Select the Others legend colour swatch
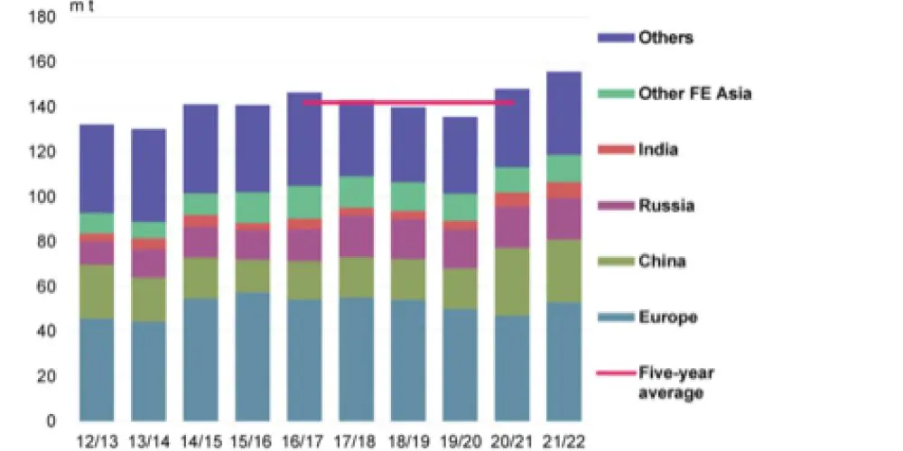[x=613, y=38]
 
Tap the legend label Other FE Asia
[x=694, y=93]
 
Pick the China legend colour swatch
[x=613, y=262]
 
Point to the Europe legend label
[x=667, y=318]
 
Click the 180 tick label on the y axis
[x=43, y=17]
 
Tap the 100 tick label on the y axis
[x=43, y=197]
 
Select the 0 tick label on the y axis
[x=51, y=420]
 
